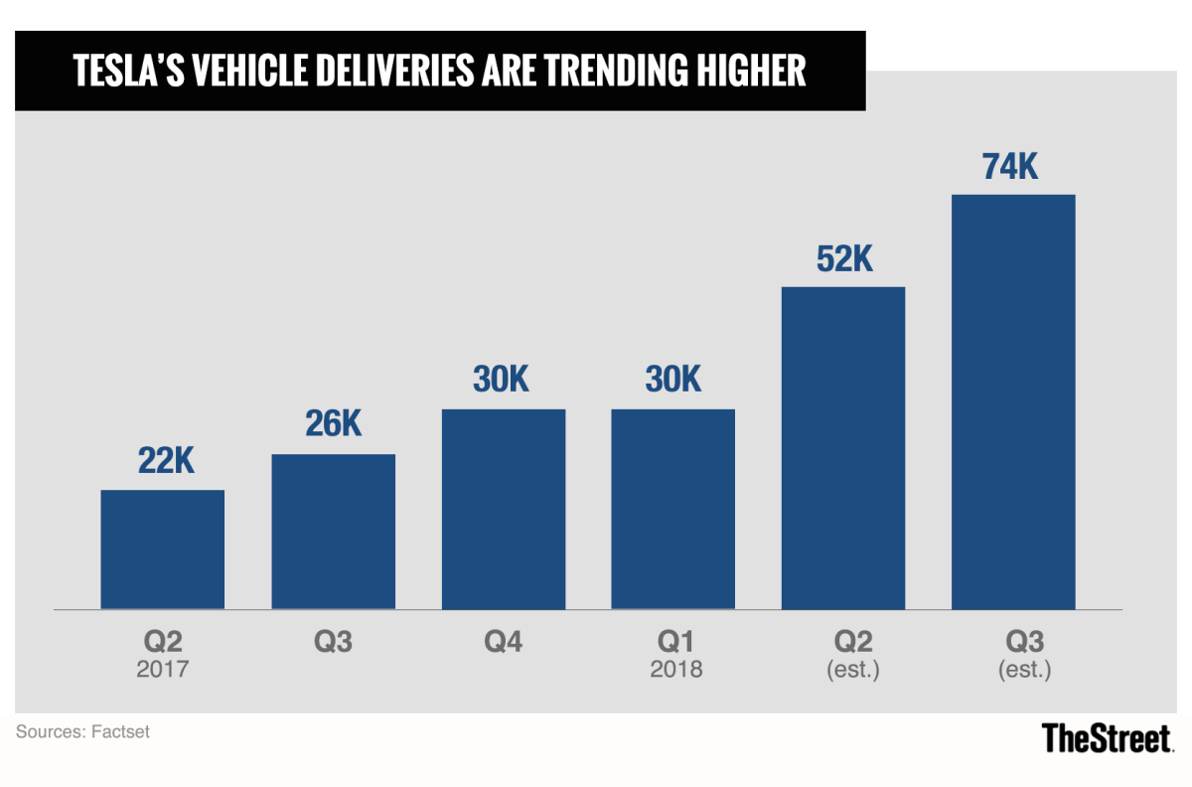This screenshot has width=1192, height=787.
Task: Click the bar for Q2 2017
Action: coord(162,550)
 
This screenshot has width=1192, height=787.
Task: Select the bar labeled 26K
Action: coord(333,532)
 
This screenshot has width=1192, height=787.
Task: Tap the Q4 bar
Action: coord(504,509)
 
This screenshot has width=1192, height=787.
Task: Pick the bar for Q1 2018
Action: coord(673,509)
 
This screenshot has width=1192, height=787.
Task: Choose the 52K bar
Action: coord(843,447)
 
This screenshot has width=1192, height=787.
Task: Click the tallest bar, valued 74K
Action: coord(1013,401)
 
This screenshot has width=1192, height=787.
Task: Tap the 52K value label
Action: coord(843,259)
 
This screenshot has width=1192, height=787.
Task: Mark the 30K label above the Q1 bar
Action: coord(673,382)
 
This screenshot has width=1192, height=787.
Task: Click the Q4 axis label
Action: coord(504,642)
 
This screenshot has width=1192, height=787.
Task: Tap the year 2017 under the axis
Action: coord(162,670)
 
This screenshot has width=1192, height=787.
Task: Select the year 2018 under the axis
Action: coord(675,670)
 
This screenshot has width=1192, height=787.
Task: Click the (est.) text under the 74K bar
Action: coord(1024,670)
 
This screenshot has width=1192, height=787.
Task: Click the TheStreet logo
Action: coord(1108,737)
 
